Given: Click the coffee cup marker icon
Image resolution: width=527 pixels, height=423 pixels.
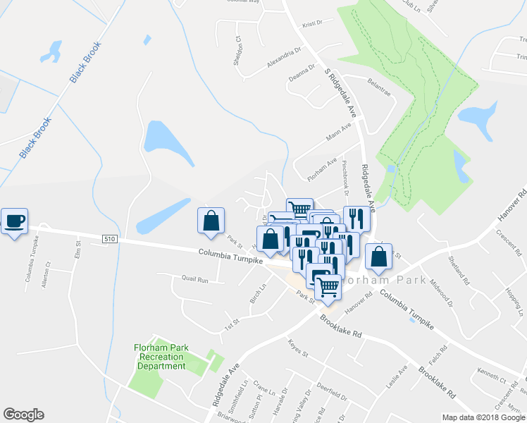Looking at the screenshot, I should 14,222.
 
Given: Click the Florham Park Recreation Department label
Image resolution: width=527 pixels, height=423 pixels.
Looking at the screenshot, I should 161,356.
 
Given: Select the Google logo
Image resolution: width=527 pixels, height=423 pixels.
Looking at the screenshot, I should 23,415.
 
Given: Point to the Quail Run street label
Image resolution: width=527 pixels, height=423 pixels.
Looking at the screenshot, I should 194,280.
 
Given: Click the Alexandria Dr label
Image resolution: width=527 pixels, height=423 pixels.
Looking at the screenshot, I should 283,56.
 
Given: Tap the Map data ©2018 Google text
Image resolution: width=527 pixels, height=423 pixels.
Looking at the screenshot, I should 483,417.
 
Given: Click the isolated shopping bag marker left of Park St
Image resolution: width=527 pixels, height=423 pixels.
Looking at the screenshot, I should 211,221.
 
